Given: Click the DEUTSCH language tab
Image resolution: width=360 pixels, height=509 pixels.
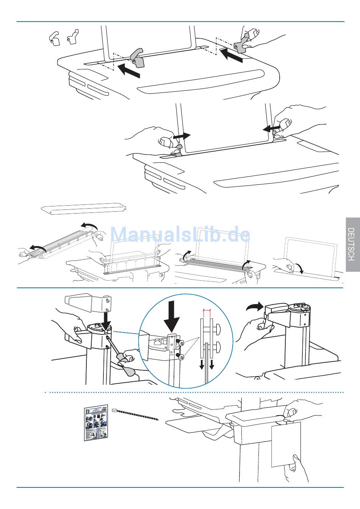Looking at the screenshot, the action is pos(353,244).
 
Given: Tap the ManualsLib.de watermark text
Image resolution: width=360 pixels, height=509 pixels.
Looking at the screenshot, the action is pos(180,234).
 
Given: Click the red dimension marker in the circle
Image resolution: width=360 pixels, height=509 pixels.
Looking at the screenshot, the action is pos(207,310).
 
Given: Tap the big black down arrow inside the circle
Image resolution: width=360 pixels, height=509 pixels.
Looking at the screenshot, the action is pos(172,317).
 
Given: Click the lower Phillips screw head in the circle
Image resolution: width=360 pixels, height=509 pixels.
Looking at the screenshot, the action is pos(181,358).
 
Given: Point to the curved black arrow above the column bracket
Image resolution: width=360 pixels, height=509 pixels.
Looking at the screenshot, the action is pos(254,306).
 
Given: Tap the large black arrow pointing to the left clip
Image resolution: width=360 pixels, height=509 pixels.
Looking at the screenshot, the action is pos(129,70).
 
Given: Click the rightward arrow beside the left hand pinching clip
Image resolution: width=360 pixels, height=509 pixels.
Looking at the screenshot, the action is pos(182,136).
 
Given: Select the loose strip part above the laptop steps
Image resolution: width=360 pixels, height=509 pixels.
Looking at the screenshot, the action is pos(84,209).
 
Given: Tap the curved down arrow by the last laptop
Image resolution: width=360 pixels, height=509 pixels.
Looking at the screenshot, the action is pos(299,268).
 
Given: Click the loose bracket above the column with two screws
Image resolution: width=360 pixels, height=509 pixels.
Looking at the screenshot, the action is pos(88,303).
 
